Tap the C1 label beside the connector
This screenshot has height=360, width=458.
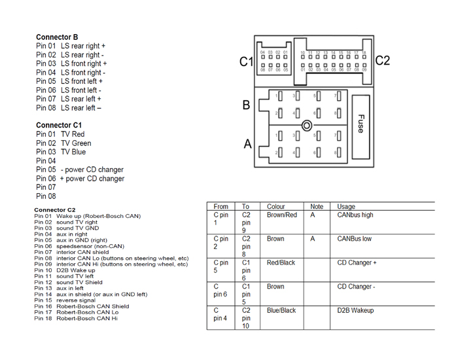(246, 62)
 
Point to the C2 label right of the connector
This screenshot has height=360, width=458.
(383, 61)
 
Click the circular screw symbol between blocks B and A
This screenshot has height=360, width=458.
(307, 125)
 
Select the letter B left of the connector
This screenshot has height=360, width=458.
(247, 105)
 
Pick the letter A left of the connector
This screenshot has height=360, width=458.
(247, 144)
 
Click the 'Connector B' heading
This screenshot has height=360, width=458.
(57, 37)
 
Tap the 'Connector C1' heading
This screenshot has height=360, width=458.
(59, 125)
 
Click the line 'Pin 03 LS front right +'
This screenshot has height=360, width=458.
(71, 64)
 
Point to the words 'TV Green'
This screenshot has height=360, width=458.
(76, 143)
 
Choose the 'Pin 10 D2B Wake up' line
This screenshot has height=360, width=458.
(65, 270)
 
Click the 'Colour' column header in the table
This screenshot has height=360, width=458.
(276, 207)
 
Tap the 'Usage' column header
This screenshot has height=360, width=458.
(347, 207)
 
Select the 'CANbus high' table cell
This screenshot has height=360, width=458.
(355, 215)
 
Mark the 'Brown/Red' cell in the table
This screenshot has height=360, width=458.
(282, 215)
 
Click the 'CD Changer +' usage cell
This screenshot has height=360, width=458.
(357, 262)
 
